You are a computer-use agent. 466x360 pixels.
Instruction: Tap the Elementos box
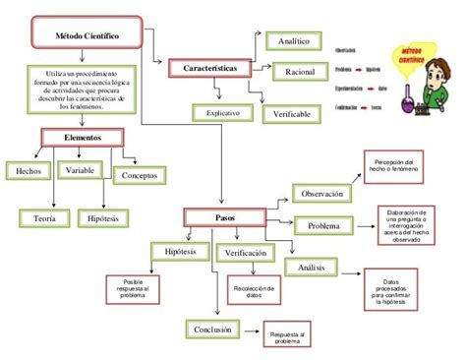[82, 139]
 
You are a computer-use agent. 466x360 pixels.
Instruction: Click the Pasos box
[224, 216]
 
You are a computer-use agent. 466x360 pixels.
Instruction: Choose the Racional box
[300, 72]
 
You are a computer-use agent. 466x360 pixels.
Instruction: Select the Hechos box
[29, 171]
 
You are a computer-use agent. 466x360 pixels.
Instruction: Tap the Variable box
[81, 170]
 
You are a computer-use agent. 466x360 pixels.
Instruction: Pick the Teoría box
[44, 216]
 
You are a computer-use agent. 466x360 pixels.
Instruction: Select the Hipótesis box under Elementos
[104, 216]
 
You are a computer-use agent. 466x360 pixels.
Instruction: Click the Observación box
[322, 194]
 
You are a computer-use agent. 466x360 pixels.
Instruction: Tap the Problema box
[323, 227]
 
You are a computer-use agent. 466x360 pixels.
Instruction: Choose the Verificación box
[246, 253]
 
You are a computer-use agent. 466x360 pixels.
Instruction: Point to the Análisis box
[312, 267]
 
